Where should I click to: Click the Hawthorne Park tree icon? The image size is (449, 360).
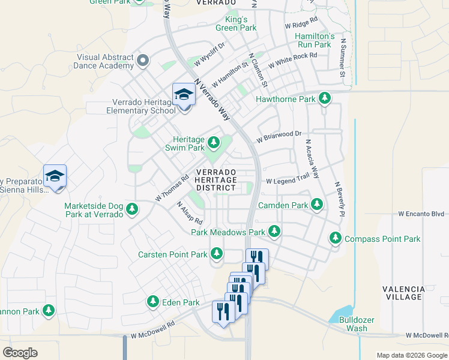[x=325, y=98]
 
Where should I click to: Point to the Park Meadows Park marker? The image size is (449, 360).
[x=274, y=232]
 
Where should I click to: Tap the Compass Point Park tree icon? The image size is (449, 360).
[x=336, y=239]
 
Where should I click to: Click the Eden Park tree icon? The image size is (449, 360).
[x=153, y=302]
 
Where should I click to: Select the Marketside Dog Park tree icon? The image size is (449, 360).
[x=132, y=210]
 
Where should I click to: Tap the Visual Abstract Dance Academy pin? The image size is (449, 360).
[x=143, y=60]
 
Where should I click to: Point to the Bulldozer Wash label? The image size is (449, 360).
[x=353, y=325]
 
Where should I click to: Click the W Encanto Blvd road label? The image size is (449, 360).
[x=421, y=214]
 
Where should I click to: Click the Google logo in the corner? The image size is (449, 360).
[x=20, y=353]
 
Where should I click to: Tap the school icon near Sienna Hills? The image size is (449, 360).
[x=55, y=177]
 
